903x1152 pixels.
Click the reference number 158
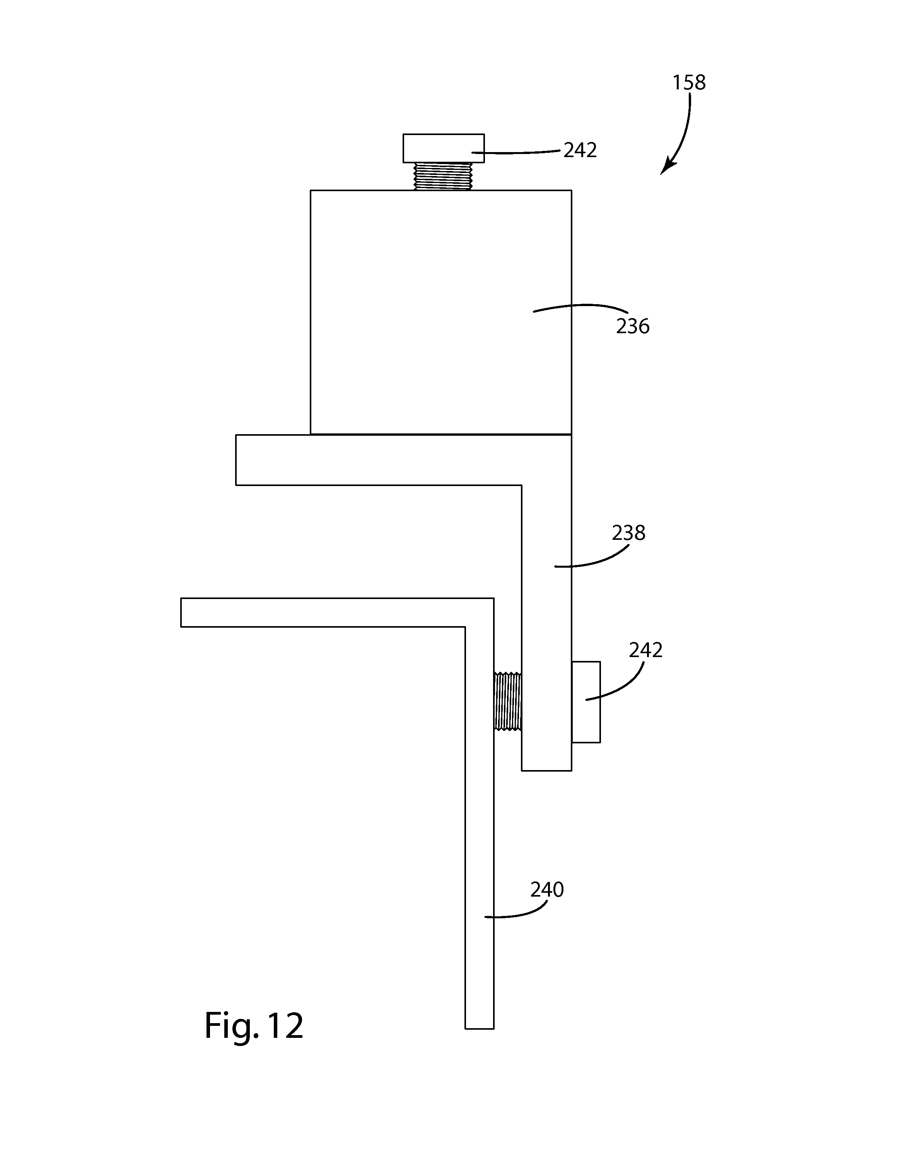[x=689, y=83]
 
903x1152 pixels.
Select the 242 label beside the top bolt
[x=580, y=151]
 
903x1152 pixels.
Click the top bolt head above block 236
[x=443, y=148]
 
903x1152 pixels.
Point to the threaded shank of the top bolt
[x=443, y=176]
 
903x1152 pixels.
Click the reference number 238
[x=628, y=533]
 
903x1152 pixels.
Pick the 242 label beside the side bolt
[x=645, y=650]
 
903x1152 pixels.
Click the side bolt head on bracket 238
[x=586, y=702]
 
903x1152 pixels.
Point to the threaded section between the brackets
[x=507, y=701]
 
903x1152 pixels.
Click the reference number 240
[x=547, y=890]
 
